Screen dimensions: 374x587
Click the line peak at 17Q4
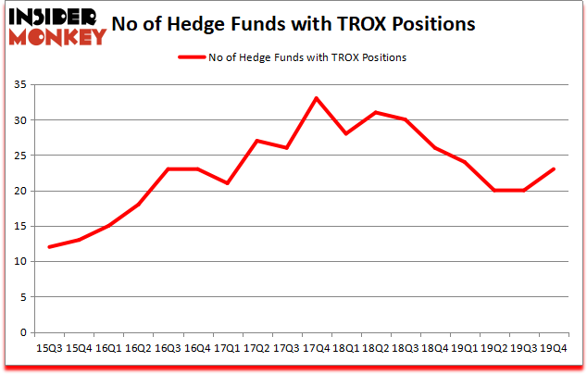click(316, 98)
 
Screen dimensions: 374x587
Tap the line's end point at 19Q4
click(553, 168)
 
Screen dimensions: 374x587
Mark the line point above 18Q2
click(375, 112)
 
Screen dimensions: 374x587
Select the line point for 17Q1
click(226, 183)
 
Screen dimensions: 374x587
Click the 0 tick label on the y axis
click(22, 332)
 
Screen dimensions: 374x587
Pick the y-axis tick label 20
click(19, 191)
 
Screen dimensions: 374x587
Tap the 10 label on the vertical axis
click(19, 262)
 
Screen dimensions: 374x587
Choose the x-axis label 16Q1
click(107, 348)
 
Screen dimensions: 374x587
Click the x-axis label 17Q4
click(316, 348)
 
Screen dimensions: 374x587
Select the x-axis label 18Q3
click(405, 348)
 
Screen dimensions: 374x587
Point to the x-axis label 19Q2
click(493, 348)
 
